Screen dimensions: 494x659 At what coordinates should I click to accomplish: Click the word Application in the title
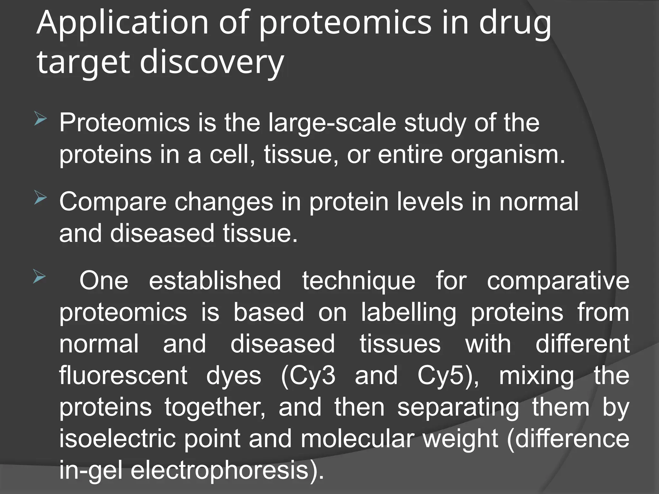point(123,23)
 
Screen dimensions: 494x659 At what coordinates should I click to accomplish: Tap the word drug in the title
point(515,23)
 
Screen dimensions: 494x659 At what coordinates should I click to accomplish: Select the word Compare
point(113,202)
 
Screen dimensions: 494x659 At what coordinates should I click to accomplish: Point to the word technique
point(358,281)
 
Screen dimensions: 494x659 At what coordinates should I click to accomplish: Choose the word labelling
point(408,312)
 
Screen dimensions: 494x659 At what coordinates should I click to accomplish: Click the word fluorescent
point(123,375)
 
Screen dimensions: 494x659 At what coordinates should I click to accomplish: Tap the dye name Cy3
point(308,376)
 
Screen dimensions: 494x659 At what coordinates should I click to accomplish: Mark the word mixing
point(536,376)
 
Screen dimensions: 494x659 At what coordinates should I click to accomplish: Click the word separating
point(458,407)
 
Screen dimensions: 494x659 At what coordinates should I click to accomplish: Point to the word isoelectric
point(117,439)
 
